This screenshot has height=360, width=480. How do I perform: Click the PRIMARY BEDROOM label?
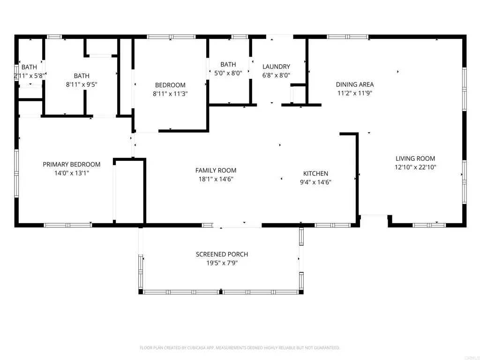pos(72,165)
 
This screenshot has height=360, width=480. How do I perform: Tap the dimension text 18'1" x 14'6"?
pos(216,179)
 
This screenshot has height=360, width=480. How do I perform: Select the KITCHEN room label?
pos(315,173)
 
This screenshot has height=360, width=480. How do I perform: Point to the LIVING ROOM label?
pos(415,159)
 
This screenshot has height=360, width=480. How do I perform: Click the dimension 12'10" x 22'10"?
pos(415,167)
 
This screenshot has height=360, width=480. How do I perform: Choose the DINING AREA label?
pos(355,85)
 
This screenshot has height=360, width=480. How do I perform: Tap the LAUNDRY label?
pos(276,67)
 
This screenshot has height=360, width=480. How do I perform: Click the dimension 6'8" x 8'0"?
pos(276,75)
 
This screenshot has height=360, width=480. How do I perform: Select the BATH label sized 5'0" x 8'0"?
pos(228,65)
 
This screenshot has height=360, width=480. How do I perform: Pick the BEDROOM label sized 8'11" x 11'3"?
pos(170,85)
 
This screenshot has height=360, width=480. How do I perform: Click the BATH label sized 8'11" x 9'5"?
pos(82,76)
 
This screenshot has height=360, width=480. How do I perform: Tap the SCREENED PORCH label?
pos(222,255)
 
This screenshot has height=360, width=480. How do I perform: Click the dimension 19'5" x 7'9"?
pos(222,263)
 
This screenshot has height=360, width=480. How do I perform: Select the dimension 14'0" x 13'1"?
pos(72,173)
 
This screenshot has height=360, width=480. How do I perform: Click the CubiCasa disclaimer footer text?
pos(240,348)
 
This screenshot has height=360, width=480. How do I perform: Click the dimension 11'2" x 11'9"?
pos(355,93)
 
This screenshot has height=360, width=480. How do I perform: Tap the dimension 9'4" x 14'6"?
pos(315,182)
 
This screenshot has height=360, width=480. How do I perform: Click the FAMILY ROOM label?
pos(216,171)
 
